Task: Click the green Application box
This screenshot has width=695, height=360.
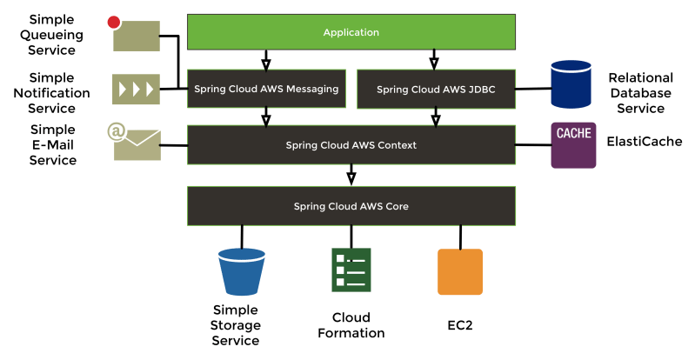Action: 351,32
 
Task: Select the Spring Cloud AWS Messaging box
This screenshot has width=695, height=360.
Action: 265,89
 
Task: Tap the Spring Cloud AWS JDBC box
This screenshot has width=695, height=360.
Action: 436,89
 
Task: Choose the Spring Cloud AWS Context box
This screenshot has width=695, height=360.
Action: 351,145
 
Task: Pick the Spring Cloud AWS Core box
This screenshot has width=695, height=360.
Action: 351,206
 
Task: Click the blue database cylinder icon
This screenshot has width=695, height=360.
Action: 571,84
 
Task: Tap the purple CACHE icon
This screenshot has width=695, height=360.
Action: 573,144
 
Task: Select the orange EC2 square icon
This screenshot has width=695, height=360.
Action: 459,271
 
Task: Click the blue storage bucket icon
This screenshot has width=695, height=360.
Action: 242,272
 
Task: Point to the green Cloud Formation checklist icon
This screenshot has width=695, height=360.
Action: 351,271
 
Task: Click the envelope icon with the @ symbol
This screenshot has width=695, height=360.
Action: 136,143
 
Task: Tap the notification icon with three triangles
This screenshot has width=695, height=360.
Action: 136,89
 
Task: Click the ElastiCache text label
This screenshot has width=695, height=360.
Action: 644,142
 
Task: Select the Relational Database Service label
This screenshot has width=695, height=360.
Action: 640,93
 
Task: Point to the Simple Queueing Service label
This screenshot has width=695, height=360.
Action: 56,36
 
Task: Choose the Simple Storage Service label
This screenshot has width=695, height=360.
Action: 235,325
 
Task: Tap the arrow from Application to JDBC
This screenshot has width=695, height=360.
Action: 434,59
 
